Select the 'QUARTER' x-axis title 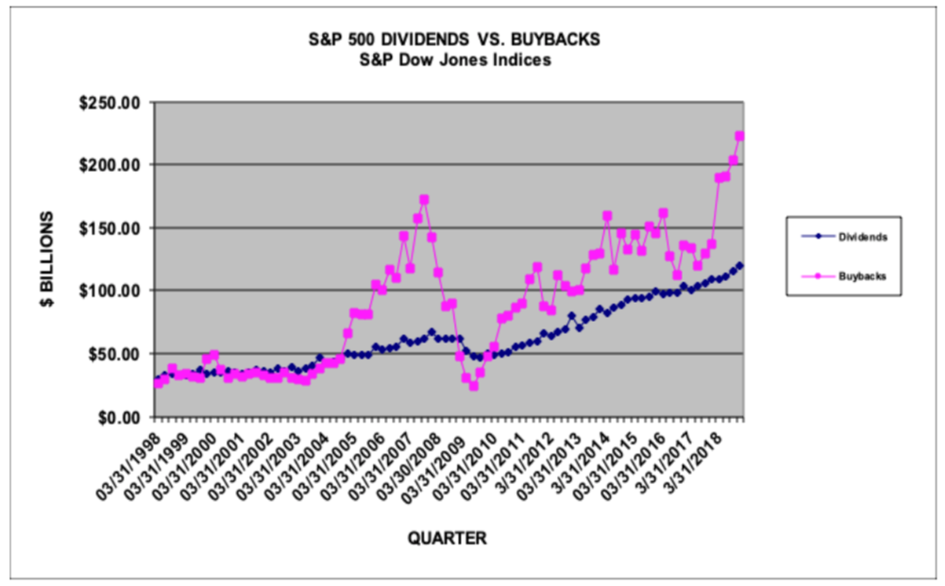447,538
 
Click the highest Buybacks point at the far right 740,136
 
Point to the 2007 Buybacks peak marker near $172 424,200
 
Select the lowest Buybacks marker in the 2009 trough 473,385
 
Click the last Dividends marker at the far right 740,265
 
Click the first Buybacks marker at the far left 158,383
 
